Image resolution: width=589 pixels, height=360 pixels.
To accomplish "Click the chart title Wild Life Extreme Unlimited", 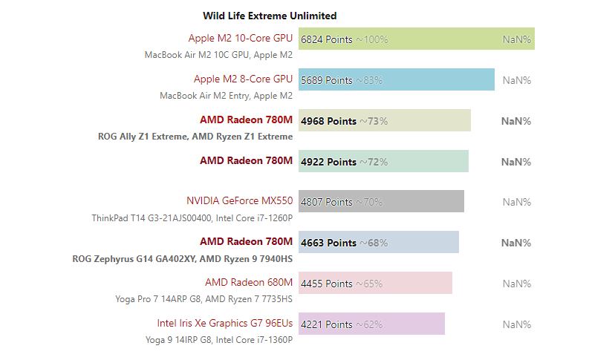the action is click(270, 16).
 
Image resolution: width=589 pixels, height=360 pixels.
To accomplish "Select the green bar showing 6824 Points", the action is click(417, 39).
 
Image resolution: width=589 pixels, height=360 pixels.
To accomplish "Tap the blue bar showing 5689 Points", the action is click(397, 79).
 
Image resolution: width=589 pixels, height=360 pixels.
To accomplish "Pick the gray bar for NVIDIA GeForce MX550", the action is click(381, 201).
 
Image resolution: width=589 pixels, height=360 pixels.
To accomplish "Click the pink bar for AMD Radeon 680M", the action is click(375, 283).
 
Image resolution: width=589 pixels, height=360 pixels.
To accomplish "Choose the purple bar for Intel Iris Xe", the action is click(371, 324).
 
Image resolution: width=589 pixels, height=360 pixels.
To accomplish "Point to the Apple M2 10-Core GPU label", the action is click(241, 39).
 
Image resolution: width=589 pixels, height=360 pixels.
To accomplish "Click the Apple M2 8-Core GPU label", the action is click(243, 79).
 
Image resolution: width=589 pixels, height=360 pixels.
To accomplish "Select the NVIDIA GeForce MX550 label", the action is click(240, 201).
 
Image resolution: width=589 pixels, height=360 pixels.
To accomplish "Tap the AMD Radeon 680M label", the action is click(249, 282).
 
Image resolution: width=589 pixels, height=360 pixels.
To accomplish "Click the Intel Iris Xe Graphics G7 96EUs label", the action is click(224, 323).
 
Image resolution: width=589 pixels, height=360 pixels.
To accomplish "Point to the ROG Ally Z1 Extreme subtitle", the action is click(195, 137).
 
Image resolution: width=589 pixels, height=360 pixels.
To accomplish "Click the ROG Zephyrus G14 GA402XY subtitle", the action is click(182, 259).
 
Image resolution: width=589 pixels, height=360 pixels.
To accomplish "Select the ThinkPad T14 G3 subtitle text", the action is click(192, 218).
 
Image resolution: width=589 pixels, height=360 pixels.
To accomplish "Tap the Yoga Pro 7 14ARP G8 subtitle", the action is click(204, 299).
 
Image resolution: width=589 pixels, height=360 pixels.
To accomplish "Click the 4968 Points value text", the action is click(328, 121).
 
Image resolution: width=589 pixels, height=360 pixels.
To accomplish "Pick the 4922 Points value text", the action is click(328, 162).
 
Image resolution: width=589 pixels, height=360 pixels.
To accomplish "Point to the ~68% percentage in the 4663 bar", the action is click(374, 243).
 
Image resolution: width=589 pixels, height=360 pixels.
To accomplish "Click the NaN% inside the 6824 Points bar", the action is click(517, 39).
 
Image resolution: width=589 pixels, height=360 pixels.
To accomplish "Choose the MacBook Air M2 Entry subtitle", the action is click(226, 96).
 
